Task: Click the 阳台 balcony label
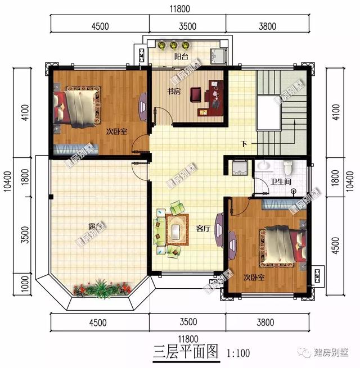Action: pos(181,57)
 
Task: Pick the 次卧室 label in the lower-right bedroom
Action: pos(254,278)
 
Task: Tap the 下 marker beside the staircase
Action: pos(244,144)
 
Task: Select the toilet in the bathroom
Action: pos(288,167)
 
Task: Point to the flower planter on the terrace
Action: pos(101,289)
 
